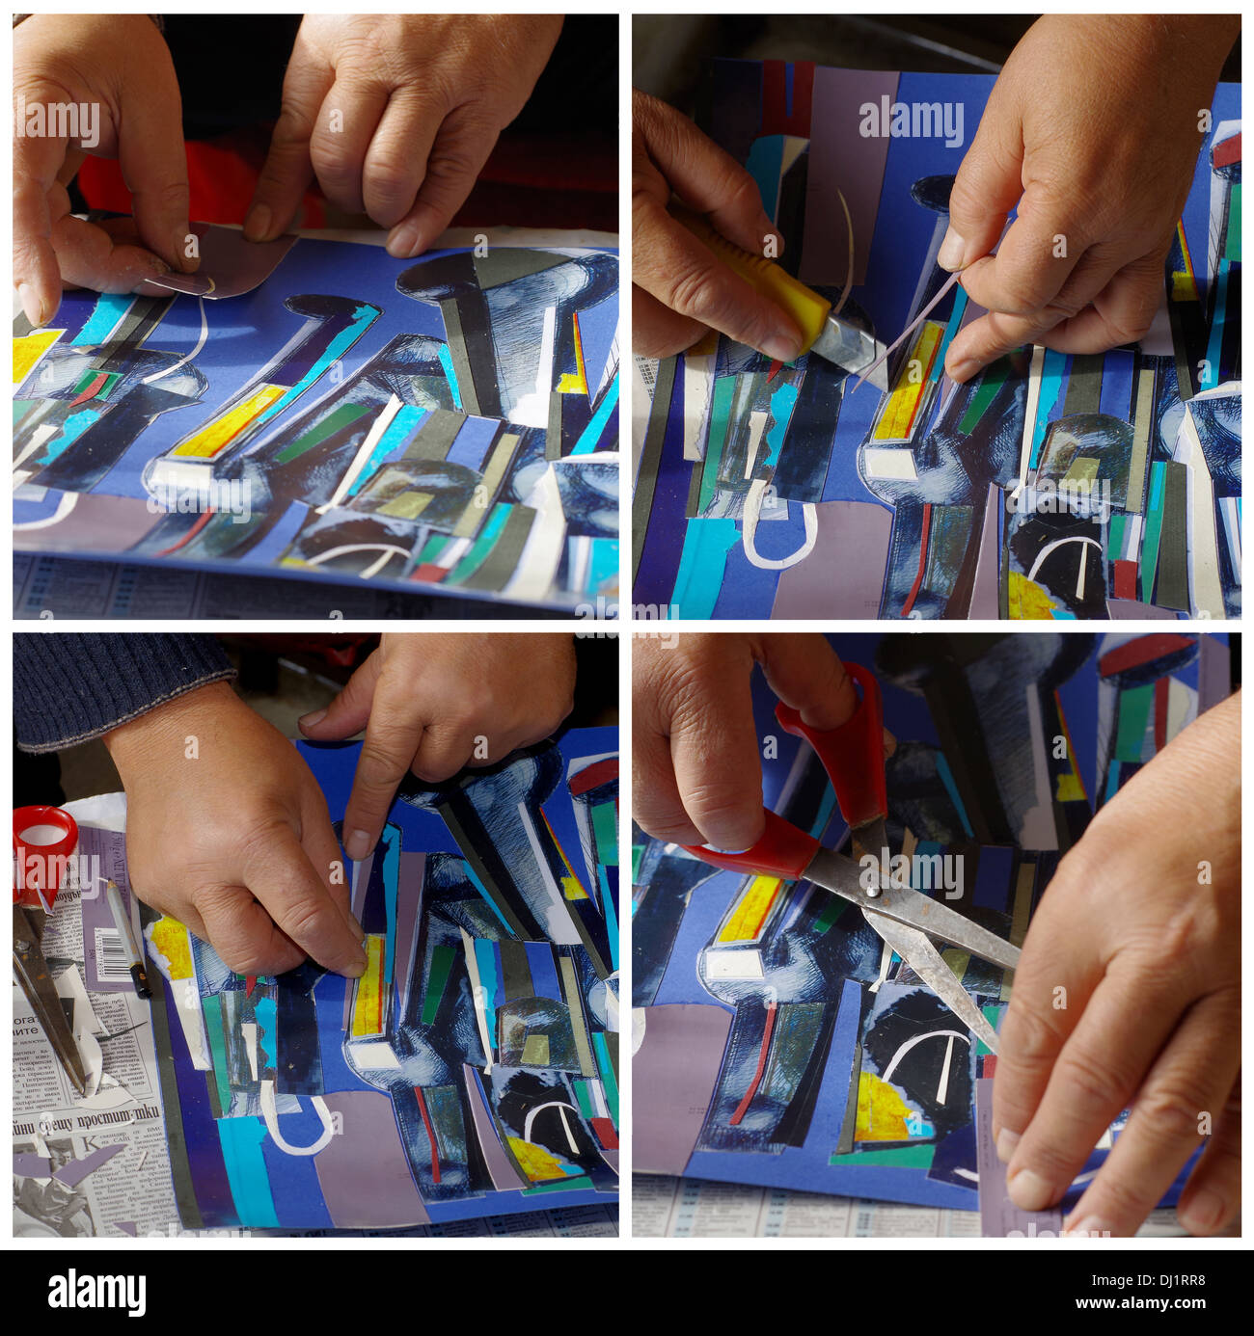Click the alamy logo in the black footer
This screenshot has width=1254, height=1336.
(96, 1292)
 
